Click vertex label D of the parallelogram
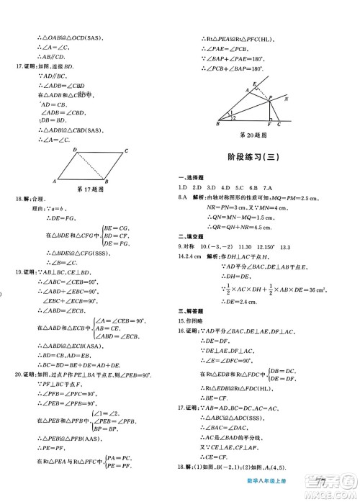75,150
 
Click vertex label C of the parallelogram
127,151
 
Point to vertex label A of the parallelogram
55,181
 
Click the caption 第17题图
91,189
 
